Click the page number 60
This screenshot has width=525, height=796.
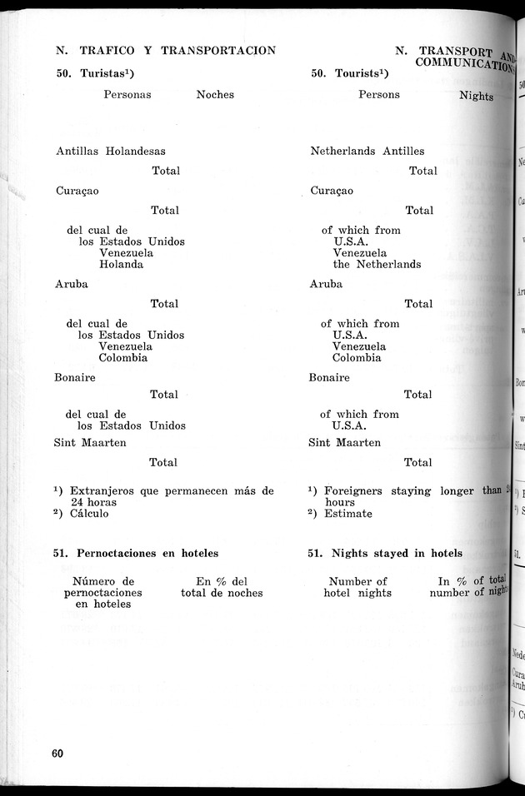pos(57,754)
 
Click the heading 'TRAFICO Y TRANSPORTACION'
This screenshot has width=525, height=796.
pos(177,50)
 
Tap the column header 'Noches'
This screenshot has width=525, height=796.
pos(215,95)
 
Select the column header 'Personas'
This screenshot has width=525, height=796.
pos(127,95)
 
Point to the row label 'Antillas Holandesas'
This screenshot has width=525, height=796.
pos(110,152)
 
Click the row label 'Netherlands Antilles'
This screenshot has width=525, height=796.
pos(367,152)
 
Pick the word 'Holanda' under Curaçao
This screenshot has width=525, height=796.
pos(121,265)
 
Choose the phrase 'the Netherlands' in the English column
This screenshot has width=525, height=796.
pos(377,265)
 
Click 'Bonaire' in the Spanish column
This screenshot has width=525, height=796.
pos(75,377)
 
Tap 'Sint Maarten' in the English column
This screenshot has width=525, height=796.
pos(345,443)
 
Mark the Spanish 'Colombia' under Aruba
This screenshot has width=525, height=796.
pos(123,358)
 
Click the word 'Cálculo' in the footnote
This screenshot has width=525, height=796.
pos(89,514)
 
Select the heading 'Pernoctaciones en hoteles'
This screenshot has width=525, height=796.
pos(147,553)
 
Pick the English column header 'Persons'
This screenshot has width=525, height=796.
pos(379,95)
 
